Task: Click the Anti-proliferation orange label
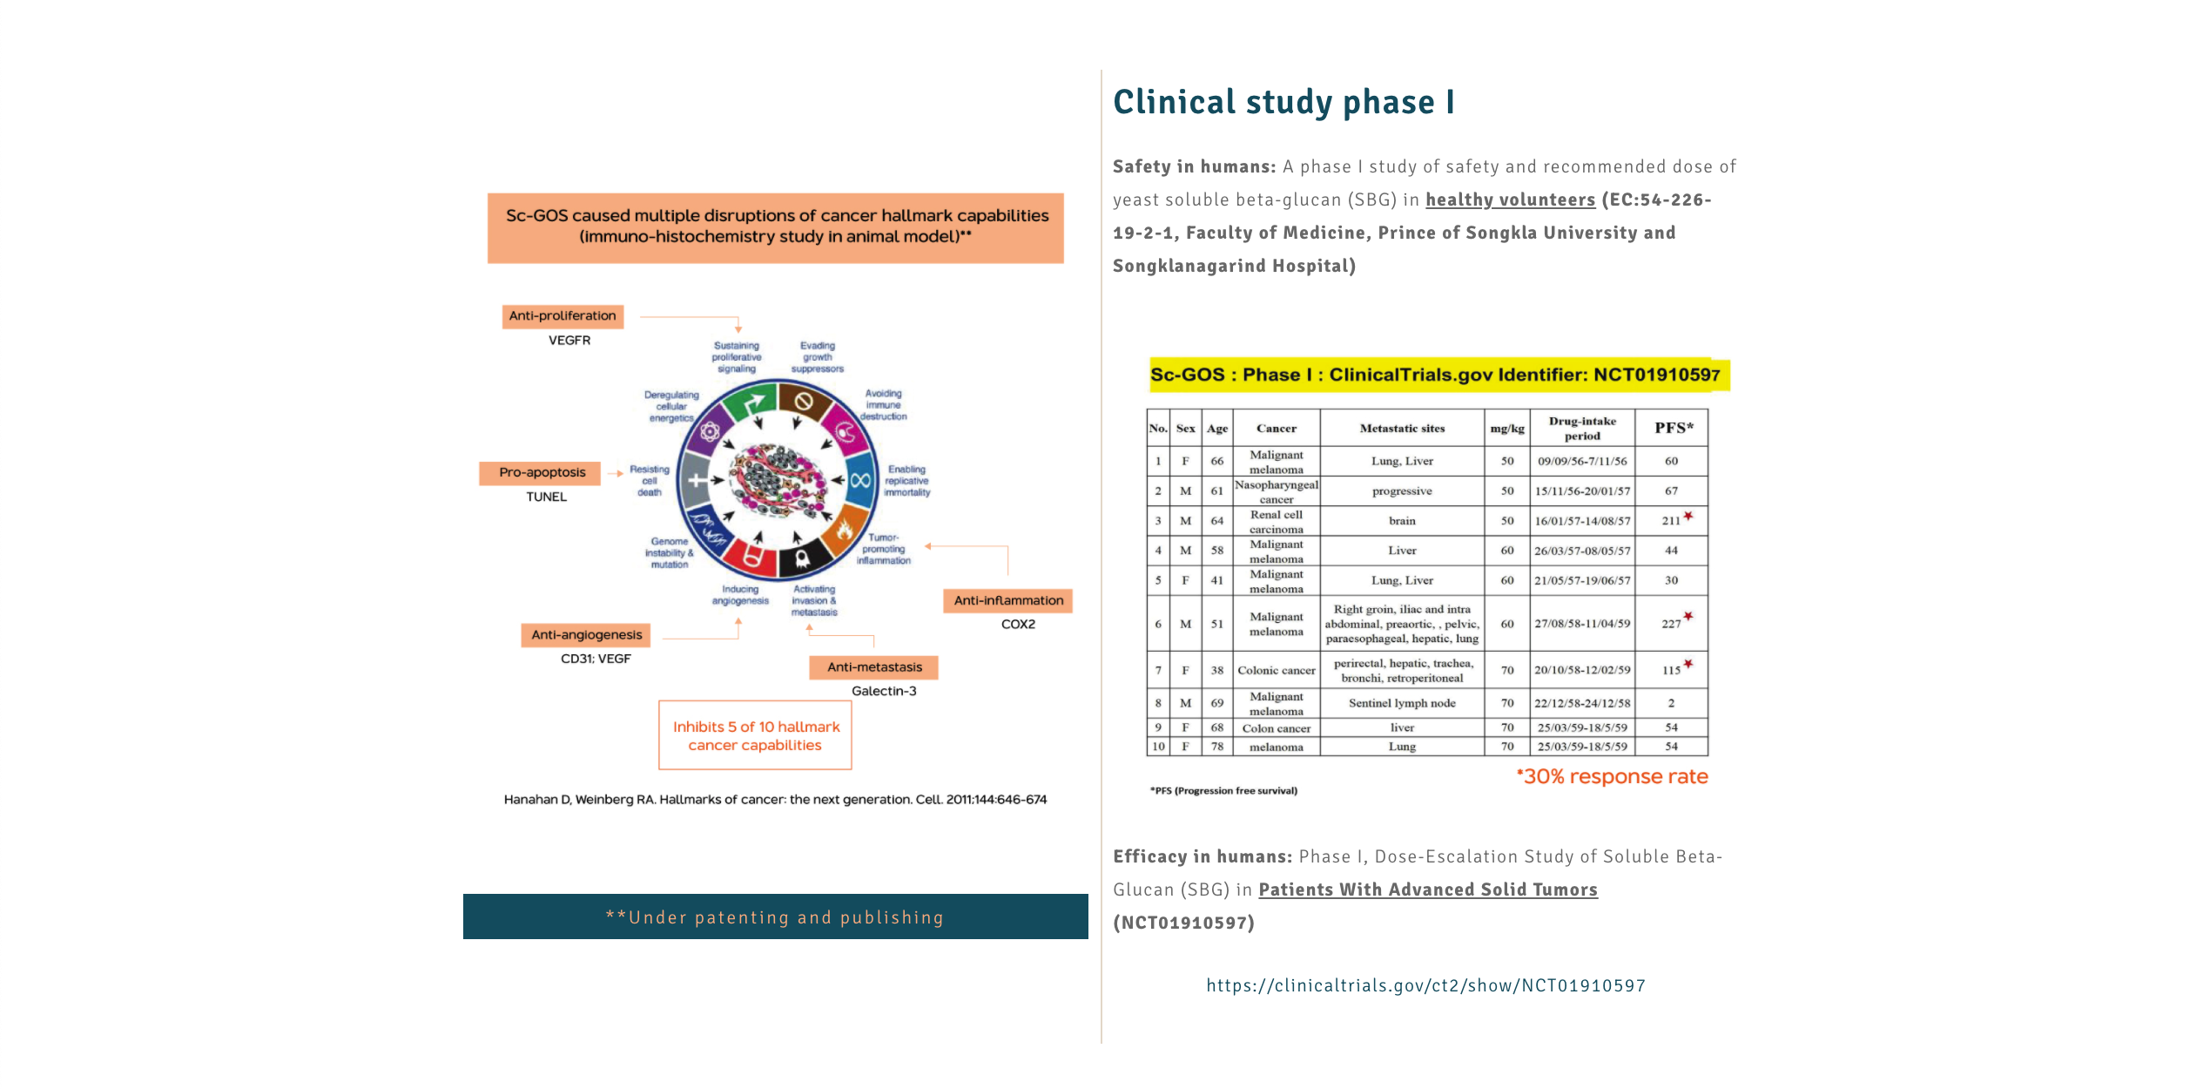click(x=563, y=315)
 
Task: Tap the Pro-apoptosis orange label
click(x=542, y=472)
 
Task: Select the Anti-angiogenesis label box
click(x=586, y=635)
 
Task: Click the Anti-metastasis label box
click(x=874, y=667)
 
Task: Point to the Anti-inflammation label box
click(x=1008, y=600)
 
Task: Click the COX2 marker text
click(x=1018, y=625)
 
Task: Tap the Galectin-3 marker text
click(x=884, y=691)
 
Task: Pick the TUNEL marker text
click(x=546, y=497)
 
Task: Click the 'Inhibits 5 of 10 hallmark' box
click(x=756, y=735)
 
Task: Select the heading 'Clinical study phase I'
click(x=1283, y=102)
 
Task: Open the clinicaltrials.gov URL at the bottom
click(x=1425, y=985)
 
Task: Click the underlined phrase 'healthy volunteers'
click(x=1510, y=200)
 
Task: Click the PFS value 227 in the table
click(x=1671, y=624)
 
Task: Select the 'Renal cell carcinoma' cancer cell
click(x=1277, y=521)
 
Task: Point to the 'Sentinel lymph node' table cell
click(x=1402, y=703)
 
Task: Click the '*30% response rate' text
click(x=1612, y=776)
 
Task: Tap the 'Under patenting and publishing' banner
click(x=775, y=917)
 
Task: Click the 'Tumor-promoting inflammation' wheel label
click(x=883, y=549)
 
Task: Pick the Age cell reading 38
click(x=1216, y=670)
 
